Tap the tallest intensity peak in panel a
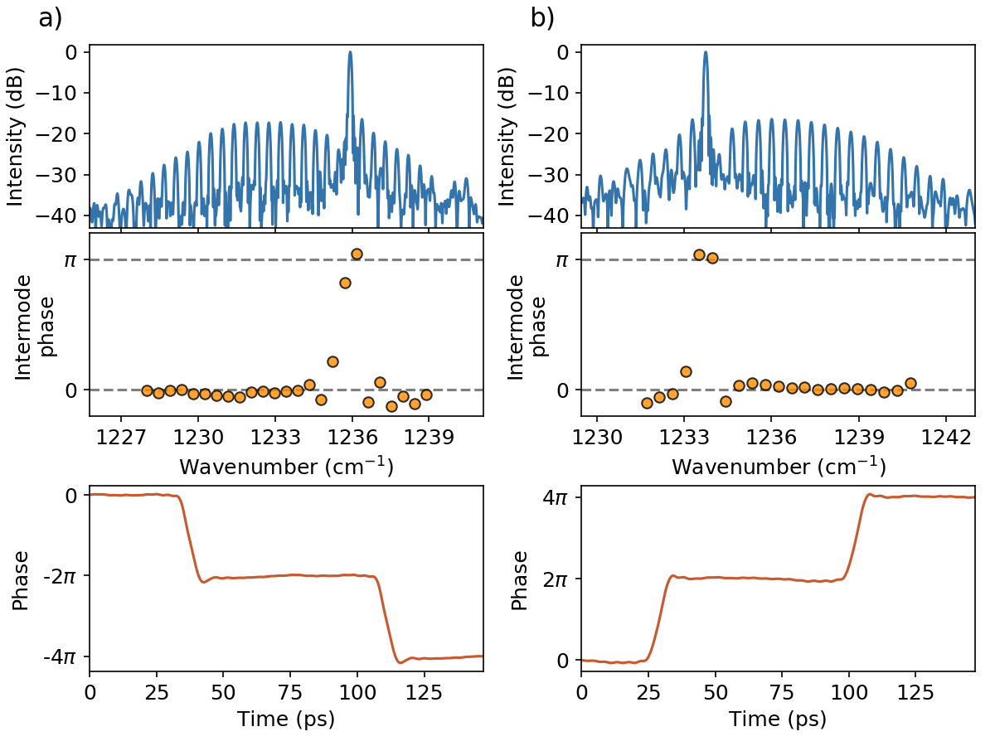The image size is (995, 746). tap(350, 53)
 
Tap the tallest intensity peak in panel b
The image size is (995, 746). tap(706, 53)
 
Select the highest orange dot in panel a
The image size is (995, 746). tap(357, 254)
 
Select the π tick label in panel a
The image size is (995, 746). tap(72, 259)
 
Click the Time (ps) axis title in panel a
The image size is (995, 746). tap(286, 719)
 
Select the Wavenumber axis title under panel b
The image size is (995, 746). tap(778, 467)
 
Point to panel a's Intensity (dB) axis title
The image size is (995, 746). tap(16, 136)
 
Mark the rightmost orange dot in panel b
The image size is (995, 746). tap(910, 383)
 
